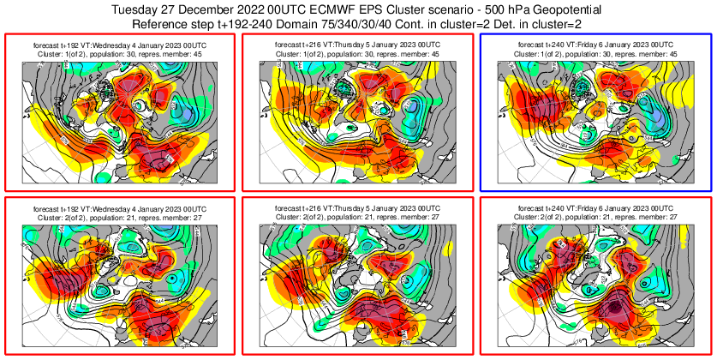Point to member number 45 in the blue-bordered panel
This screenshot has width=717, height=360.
pyautogui.click(x=672, y=53)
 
